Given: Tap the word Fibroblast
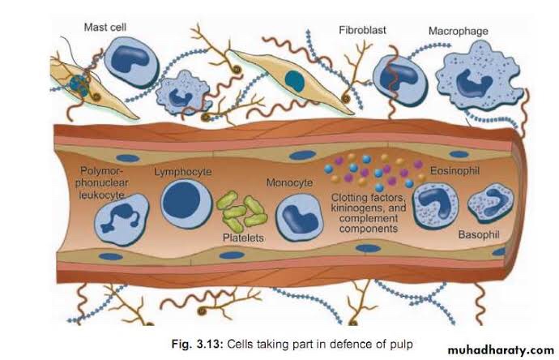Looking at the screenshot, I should pyautogui.click(x=363, y=31).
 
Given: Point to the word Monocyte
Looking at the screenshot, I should pyautogui.click(x=289, y=183).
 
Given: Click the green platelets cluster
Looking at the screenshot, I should pyautogui.click(x=243, y=212).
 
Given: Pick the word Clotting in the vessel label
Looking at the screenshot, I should pyautogui.click(x=350, y=197).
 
